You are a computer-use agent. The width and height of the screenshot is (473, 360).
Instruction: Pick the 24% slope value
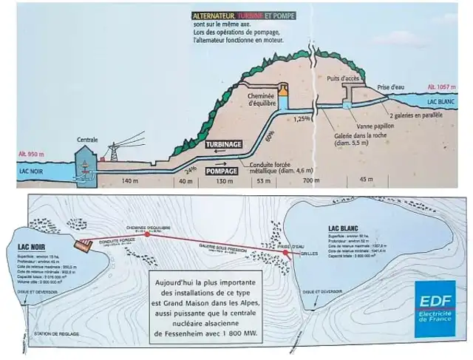[190, 169]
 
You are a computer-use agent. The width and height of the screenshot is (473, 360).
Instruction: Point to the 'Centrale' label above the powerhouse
[87, 138]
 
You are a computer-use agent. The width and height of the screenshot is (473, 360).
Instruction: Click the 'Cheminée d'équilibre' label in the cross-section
[262, 101]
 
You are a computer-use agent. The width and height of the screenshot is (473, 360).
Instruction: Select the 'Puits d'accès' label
[341, 78]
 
